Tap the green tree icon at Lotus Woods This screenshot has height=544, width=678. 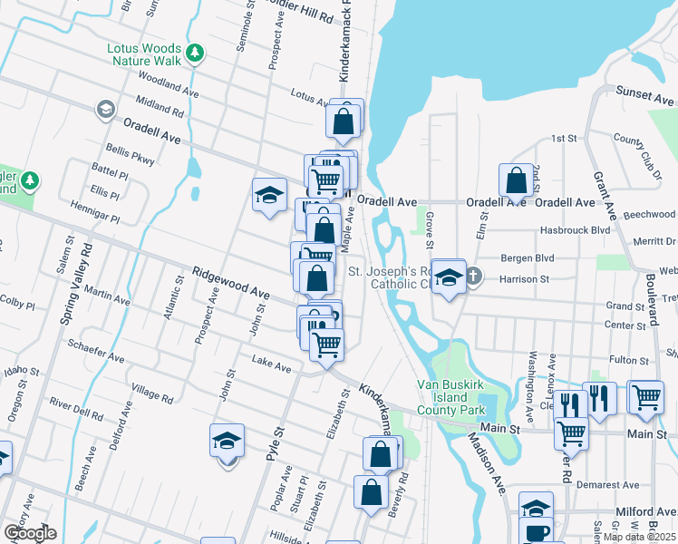click(194, 53)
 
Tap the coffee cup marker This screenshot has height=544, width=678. click(537, 533)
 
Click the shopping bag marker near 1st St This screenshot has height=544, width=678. click(516, 180)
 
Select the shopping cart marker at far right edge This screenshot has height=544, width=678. click(645, 396)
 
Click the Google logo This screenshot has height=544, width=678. click(30, 533)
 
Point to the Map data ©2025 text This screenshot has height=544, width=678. click(640, 537)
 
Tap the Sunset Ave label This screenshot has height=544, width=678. click(645, 94)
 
